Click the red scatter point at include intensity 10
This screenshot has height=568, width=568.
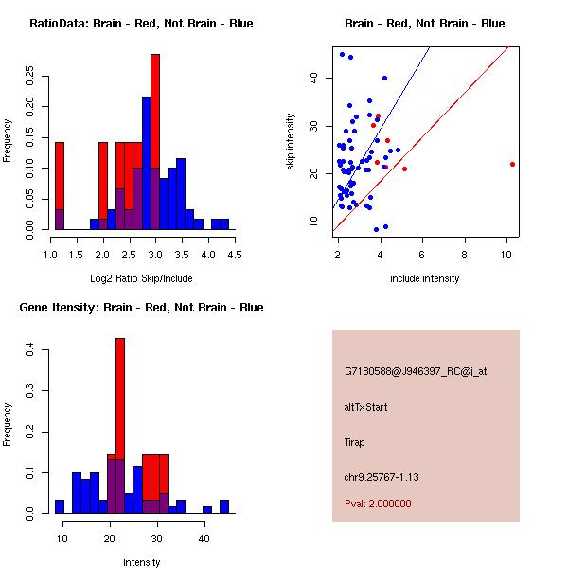pyautogui.click(x=512, y=164)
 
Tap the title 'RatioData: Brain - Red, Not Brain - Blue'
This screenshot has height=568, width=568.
pyautogui.click(x=141, y=23)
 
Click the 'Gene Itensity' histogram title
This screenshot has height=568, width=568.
pyautogui.click(x=141, y=307)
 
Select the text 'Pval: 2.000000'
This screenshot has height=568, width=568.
pyautogui.click(x=378, y=504)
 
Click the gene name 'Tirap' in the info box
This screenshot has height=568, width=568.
pyautogui.click(x=355, y=442)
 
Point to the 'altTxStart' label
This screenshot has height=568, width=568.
pyautogui.click(x=365, y=407)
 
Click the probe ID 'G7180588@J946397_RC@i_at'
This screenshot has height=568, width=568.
pyautogui.click(x=416, y=372)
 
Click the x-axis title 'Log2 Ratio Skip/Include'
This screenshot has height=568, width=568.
pyautogui.click(x=141, y=278)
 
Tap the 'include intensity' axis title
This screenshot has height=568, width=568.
pyautogui.click(x=425, y=278)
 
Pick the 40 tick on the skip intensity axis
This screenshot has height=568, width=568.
pyautogui.click(x=314, y=78)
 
